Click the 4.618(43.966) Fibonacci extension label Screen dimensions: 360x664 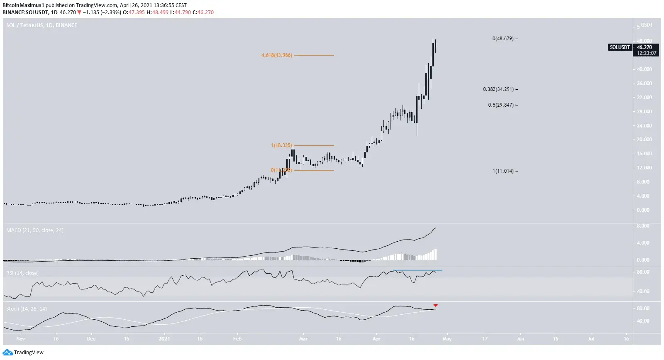pyautogui.click(x=277, y=55)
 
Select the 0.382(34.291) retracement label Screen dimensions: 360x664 pyautogui.click(x=498, y=89)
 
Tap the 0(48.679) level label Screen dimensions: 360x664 pyautogui.click(x=503, y=39)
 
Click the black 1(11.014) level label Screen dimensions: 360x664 pyautogui.click(x=503, y=171)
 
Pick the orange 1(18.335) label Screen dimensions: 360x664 pyautogui.click(x=281, y=145)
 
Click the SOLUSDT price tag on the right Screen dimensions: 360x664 pyautogui.click(x=620, y=47)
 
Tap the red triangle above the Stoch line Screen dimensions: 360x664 pyautogui.click(x=435, y=306)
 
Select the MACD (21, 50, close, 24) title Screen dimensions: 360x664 pyautogui.click(x=35, y=230)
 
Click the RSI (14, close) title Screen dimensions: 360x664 pyautogui.click(x=22, y=273)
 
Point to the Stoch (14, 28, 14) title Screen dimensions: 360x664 pyautogui.click(x=27, y=309)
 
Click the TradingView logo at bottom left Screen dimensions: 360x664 pyautogui.click(x=23, y=353)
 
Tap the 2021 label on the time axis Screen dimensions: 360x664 pyautogui.click(x=164, y=339)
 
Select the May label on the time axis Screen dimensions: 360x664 pyautogui.click(x=447, y=339)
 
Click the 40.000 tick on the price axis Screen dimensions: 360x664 pyautogui.click(x=644, y=69)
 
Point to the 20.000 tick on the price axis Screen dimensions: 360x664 pyautogui.click(x=644, y=140)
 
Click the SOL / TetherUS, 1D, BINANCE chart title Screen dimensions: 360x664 pyautogui.click(x=41, y=25)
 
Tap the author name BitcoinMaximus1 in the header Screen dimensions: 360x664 pyautogui.click(x=23, y=5)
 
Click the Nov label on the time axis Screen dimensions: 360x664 pyautogui.click(x=20, y=339)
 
